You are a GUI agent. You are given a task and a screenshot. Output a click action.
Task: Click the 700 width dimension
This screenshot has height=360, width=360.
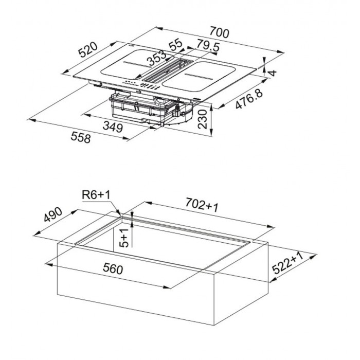coord(220,32)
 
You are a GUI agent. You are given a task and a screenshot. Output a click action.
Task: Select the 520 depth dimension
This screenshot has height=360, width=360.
coord(88,50)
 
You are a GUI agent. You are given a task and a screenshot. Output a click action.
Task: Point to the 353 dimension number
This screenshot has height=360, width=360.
coord(157,58)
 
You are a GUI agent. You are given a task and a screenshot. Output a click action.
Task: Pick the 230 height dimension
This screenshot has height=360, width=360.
coord(203,119)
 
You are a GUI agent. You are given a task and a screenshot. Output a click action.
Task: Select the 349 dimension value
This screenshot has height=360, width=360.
coord(113,127)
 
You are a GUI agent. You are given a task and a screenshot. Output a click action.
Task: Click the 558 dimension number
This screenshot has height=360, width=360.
coord(81,137)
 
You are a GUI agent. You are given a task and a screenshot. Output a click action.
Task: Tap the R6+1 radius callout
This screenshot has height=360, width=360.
coord(96,195)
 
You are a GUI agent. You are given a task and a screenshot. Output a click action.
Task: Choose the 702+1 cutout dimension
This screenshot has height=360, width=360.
coord(202,204)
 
